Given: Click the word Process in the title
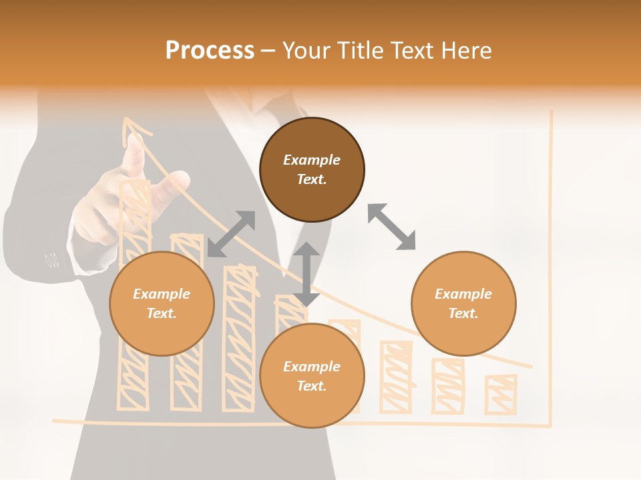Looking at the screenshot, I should [210, 51].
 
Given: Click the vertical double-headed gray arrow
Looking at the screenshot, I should [306, 274].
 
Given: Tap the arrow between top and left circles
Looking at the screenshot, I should [231, 233].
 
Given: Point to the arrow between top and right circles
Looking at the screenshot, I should [392, 227].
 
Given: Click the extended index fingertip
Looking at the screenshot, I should [136, 141].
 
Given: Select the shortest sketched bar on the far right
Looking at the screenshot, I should [501, 395].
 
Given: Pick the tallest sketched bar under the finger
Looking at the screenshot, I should [134, 293].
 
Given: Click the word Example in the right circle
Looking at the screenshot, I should [463, 294].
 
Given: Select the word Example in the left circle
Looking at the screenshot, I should [162, 294].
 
